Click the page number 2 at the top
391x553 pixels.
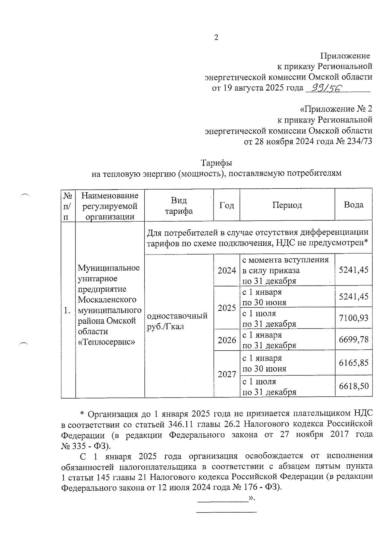[216, 38]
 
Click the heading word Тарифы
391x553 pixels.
[216, 162]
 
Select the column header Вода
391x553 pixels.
[354, 205]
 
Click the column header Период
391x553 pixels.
[287, 205]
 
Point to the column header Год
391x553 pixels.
[226, 205]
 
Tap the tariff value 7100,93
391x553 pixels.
[354, 318]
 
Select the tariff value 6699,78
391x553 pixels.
[354, 340]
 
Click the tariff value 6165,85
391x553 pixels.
[354, 363]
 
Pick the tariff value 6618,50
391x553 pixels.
[354, 386]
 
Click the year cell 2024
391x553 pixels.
[227, 270]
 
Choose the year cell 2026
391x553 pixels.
[227, 340]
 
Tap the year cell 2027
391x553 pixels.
[227, 374]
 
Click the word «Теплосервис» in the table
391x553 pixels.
[106, 342]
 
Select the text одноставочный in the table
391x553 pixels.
[177, 316]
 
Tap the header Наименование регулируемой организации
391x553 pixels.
[110, 206]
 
